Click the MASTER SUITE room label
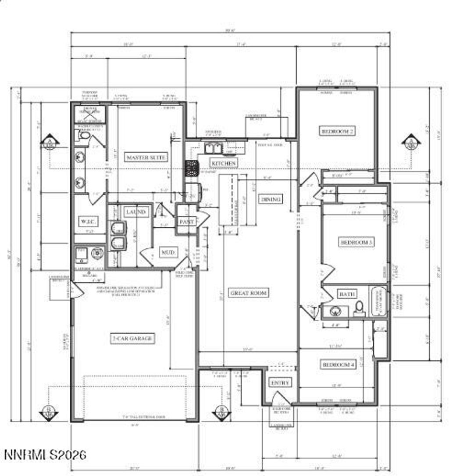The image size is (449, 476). pyautogui.click(x=147, y=157)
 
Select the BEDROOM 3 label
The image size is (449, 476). pyautogui.click(x=356, y=242)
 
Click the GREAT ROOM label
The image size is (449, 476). pyautogui.click(x=249, y=293)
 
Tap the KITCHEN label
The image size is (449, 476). pyautogui.click(x=224, y=163)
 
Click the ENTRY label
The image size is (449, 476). pyautogui.click(x=280, y=383)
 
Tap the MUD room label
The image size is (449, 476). pyautogui.click(x=169, y=253)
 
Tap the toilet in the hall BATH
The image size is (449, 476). pyautogui.click(x=359, y=307)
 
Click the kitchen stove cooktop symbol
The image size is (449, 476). pyautogui.click(x=192, y=168)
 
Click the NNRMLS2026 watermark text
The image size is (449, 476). pyautogui.click(x=45, y=454)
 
